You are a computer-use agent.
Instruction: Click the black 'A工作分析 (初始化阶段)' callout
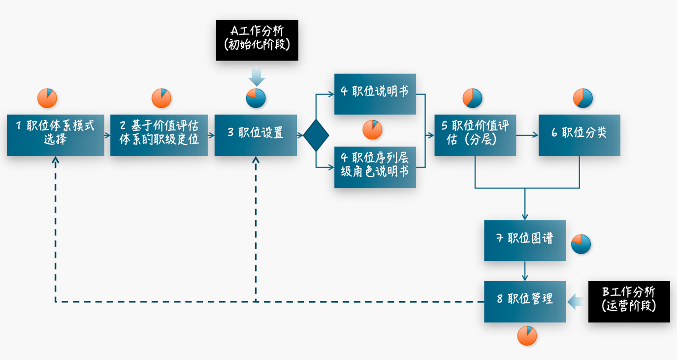[x=257, y=40]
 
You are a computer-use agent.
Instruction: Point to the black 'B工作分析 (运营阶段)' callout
[x=629, y=301]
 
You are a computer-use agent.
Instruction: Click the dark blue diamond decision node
[x=316, y=135]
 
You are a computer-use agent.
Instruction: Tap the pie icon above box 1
[x=47, y=98]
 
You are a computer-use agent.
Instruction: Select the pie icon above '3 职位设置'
[x=256, y=98]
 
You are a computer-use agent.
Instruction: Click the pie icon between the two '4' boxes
[x=372, y=130]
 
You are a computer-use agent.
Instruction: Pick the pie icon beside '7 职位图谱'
[x=581, y=244]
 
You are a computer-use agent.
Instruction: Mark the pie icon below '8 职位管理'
[x=527, y=336]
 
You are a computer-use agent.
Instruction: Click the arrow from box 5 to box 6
[x=527, y=135]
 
